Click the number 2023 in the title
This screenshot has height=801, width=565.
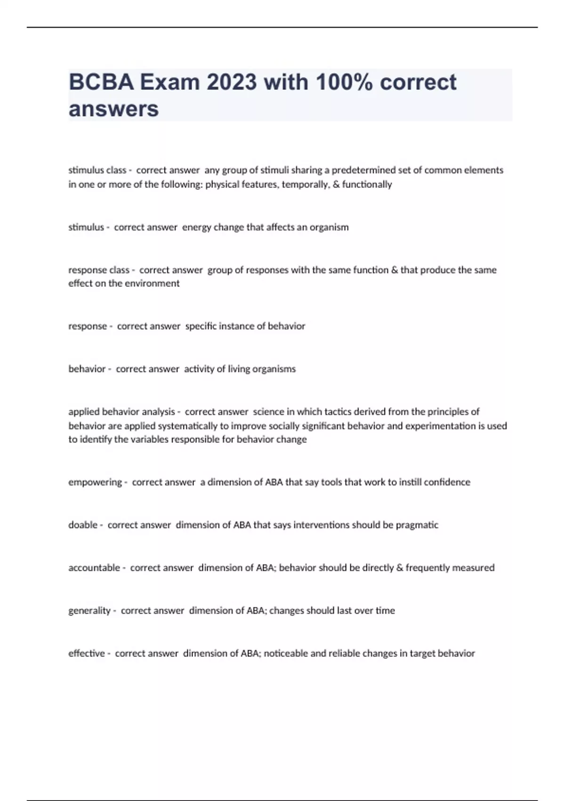point(232,82)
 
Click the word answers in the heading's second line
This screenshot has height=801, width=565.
point(114,109)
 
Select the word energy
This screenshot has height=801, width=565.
point(197,228)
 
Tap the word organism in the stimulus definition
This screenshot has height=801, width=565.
point(329,228)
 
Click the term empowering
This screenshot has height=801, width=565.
point(95,482)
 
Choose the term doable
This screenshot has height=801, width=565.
point(83,525)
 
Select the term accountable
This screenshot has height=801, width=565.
point(94,568)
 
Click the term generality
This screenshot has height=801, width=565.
point(89,611)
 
